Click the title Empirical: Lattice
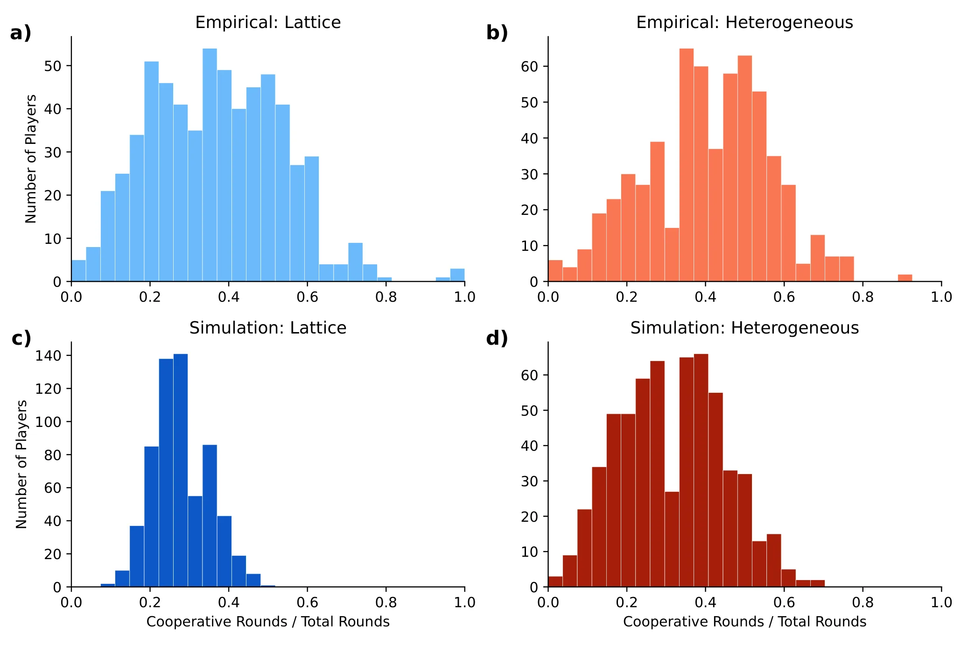(268, 22)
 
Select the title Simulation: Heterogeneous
(744, 328)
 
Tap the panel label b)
(497, 33)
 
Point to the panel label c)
(21, 338)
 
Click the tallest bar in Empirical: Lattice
(210, 165)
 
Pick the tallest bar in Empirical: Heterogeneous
(687, 165)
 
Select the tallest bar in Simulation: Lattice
(181, 470)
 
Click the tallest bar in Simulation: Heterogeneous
(701, 470)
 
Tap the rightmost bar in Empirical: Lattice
(457, 275)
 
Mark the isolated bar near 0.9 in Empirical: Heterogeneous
(905, 278)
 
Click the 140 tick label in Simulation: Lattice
(49, 356)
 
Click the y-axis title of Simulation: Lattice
(21, 464)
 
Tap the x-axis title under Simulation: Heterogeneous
(744, 622)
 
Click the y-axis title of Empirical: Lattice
(31, 159)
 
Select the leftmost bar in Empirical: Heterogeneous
(555, 271)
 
